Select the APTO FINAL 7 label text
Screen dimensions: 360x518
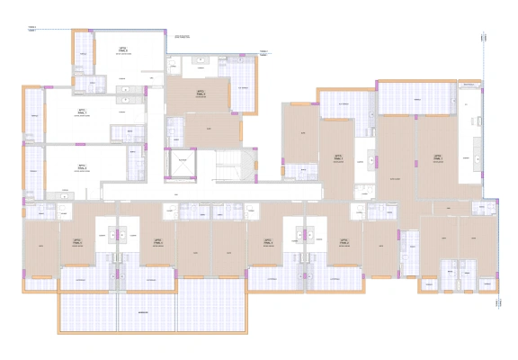pos(82,112)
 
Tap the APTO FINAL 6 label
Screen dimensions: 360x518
pos(82,166)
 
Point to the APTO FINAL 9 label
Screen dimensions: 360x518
pos(201,93)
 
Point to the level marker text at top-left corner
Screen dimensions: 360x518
pos(32,28)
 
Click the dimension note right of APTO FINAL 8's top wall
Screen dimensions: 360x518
pos(183,37)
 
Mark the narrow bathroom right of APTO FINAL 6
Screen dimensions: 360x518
pos(136,167)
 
